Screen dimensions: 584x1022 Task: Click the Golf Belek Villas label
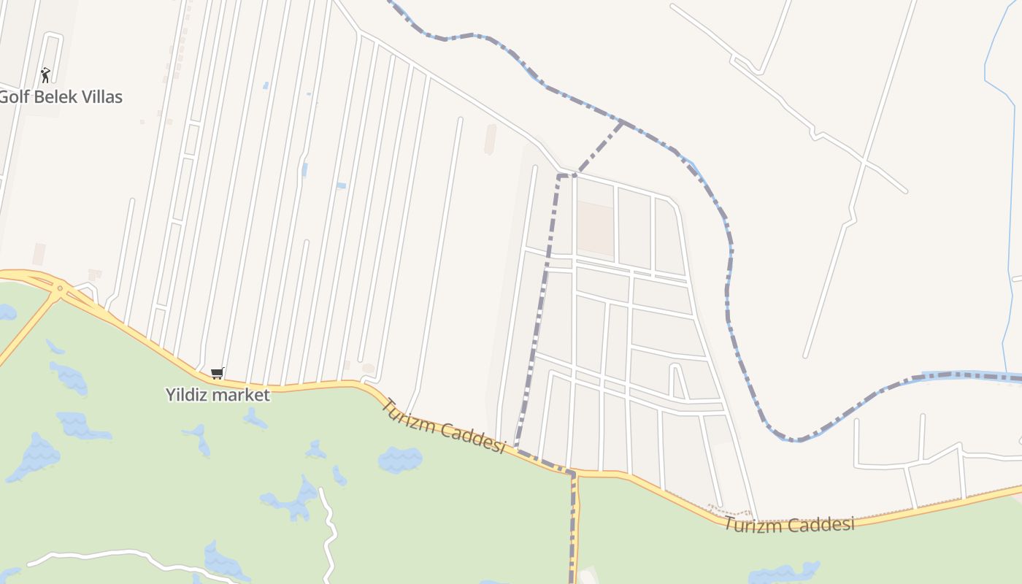(x=61, y=96)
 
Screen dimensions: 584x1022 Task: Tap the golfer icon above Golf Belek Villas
(x=45, y=74)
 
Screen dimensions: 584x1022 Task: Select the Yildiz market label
(x=218, y=395)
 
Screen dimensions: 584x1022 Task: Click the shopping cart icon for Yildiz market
(x=217, y=373)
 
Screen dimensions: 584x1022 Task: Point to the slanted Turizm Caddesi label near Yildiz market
(x=443, y=426)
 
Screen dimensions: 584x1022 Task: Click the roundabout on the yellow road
(x=59, y=289)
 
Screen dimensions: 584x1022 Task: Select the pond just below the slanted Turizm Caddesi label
(x=400, y=460)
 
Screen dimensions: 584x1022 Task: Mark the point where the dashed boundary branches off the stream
(x=622, y=122)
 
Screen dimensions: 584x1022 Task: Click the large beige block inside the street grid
(x=596, y=228)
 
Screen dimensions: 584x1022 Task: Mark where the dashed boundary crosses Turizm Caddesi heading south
(x=573, y=474)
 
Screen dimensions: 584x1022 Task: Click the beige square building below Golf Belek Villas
(x=39, y=254)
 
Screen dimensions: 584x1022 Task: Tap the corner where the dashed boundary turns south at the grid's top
(x=560, y=176)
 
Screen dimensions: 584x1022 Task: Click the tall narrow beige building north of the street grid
(x=491, y=139)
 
